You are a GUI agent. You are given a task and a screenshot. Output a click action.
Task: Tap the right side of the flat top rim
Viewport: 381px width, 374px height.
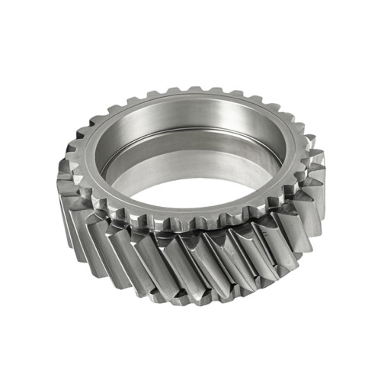pyautogui.click(x=293, y=153)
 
